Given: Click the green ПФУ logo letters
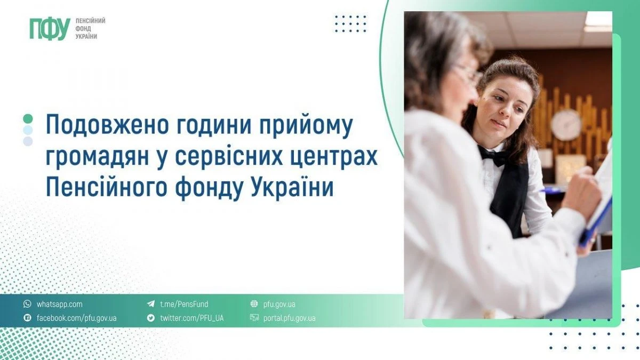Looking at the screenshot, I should pos(50,29).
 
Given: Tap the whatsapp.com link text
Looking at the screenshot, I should pos(59,305).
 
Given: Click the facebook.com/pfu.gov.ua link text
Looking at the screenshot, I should pos(76,318).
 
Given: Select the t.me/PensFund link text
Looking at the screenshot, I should pos(184,305).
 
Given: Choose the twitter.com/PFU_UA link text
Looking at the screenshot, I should pos(191,318).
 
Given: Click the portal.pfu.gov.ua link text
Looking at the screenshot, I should pos(289,318).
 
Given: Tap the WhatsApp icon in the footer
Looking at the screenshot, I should pos(27,305).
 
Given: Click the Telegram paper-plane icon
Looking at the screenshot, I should pos(150,305).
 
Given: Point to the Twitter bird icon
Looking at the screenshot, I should pos(150,318).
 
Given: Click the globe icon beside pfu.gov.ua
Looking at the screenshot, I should pos(254,305).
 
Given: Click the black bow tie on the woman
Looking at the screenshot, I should pos(493,156).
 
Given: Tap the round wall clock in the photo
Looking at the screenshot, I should pos(566,125).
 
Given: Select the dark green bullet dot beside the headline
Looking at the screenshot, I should pos(28,118).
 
